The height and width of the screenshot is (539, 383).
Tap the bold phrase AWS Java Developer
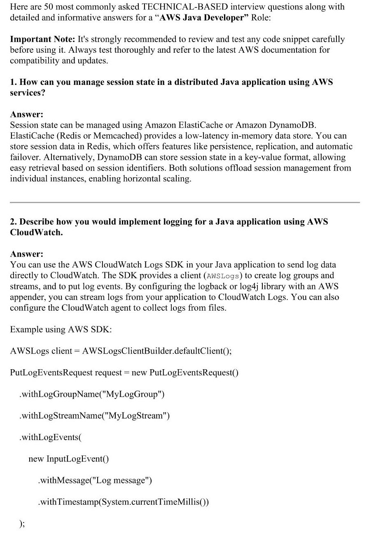(202, 18)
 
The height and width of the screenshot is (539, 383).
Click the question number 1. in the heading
(14, 82)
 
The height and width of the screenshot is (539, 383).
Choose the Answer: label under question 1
(27, 114)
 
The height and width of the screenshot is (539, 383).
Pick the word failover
(25, 157)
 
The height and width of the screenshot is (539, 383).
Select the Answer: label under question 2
(27, 254)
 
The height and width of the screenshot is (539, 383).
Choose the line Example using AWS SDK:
(61, 329)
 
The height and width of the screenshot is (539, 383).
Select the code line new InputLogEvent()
(68, 459)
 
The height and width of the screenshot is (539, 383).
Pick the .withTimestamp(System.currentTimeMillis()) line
(123, 502)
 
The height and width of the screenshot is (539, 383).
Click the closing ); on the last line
(22, 523)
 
